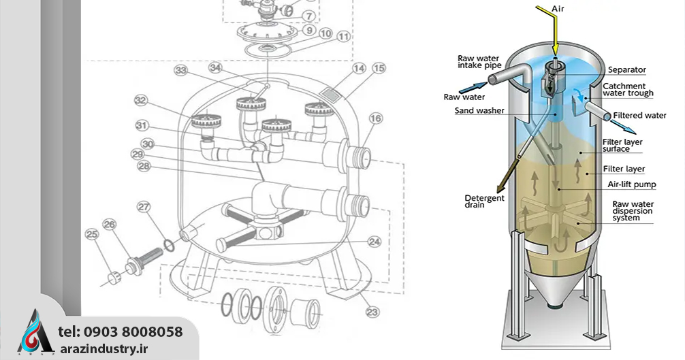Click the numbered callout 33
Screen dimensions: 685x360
181,70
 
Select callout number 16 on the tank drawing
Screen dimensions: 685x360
376,118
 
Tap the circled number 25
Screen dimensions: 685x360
92,234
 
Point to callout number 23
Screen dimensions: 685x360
372,312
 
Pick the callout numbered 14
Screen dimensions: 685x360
359,69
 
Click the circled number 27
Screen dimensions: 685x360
144,206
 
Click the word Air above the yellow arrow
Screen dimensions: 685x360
558,8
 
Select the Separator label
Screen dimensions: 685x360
627,70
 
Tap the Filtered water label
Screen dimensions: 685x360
639,115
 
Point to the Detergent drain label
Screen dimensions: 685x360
484,201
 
